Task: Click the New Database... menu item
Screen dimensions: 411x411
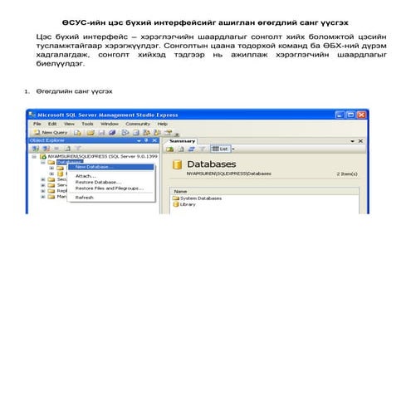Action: click(94, 167)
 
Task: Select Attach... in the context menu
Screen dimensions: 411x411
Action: click(86, 176)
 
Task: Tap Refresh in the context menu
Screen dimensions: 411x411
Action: click(85, 198)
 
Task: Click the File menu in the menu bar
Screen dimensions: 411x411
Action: click(37, 123)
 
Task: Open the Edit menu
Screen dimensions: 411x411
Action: click(51, 123)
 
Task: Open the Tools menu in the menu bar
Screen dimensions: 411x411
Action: click(87, 123)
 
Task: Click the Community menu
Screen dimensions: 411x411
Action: click(137, 123)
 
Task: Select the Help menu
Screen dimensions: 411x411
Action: click(162, 123)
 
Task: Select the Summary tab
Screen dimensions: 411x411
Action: click(183, 141)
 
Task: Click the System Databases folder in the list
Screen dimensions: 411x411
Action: click(199, 198)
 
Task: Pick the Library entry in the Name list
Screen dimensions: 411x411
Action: click(187, 204)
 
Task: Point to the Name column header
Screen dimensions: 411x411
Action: click(180, 191)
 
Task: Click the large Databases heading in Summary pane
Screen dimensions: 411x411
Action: click(212, 164)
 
